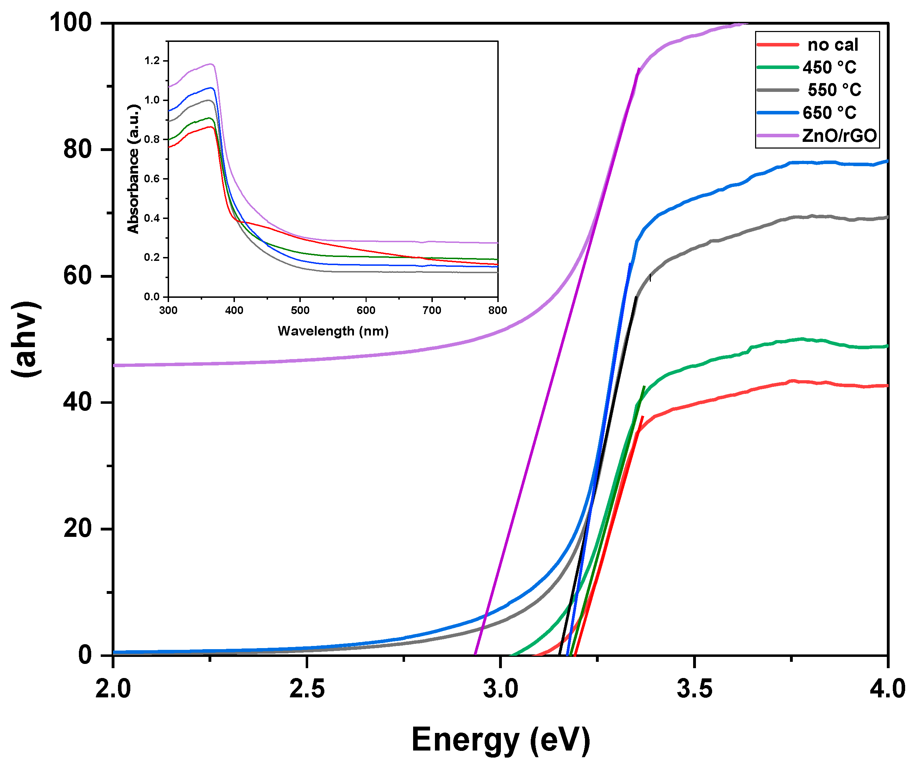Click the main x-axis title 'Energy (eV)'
pyautogui.click(x=500, y=740)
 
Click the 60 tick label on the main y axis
pyautogui.click(x=77, y=276)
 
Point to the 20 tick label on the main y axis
pyautogui.click(x=77, y=529)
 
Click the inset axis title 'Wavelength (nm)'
pyautogui.click(x=333, y=331)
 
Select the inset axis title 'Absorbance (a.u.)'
pyautogui.click(x=133, y=169)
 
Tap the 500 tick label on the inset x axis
pyautogui.click(x=300, y=310)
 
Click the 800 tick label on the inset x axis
pyautogui.click(x=497, y=310)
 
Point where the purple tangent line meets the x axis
pyautogui.click(x=475, y=655)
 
